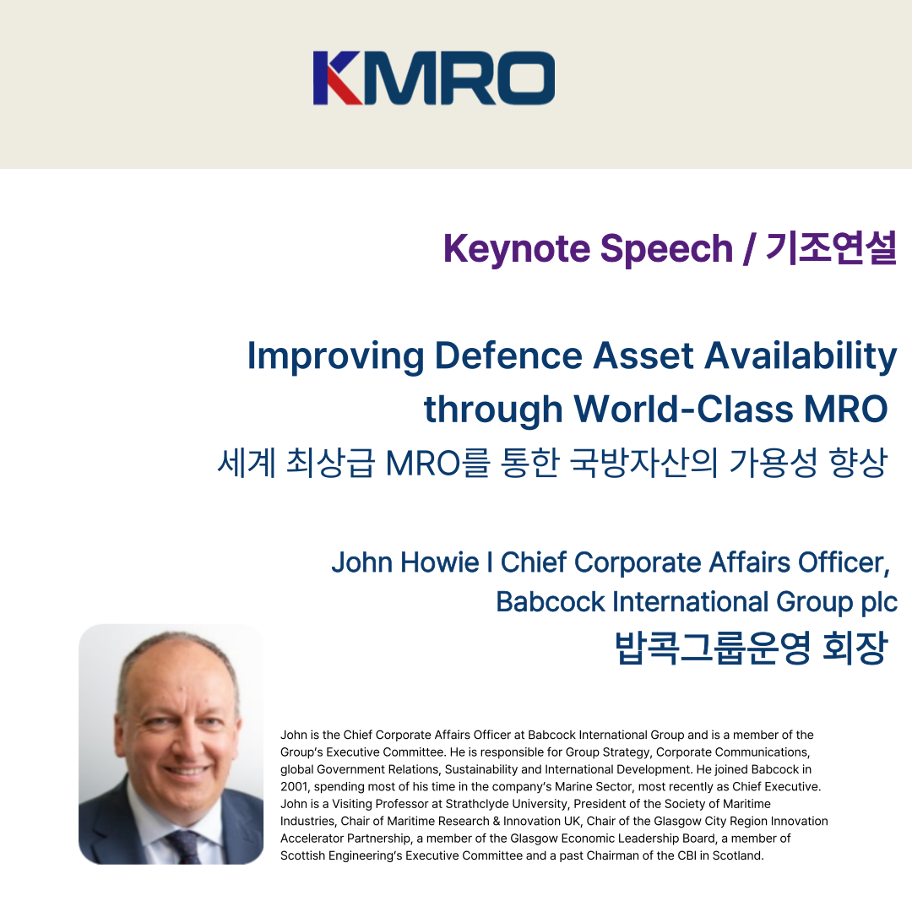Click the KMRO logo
(434, 78)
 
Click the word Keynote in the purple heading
(517, 249)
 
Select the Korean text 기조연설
(831, 248)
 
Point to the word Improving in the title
(335, 356)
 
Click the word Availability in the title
(801, 356)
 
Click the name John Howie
(404, 562)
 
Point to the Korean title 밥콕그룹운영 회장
(752, 648)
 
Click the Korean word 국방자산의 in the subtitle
(643, 463)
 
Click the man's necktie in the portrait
(184, 847)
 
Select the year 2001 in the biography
(294, 786)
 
